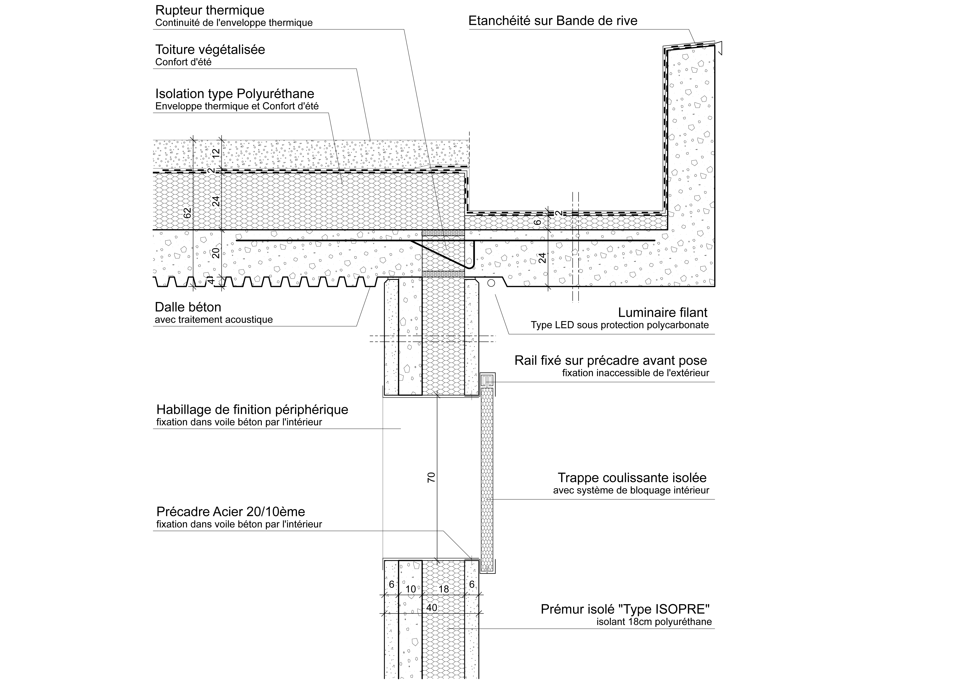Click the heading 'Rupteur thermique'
pos(210,10)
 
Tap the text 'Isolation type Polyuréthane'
pos(235,94)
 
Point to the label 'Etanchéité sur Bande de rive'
pos(553,21)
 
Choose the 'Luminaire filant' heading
pos(663,312)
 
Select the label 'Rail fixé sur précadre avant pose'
pos(611,361)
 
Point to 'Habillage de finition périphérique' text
pos(252,410)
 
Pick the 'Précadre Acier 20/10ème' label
pos(230,512)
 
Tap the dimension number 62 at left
pos(188,213)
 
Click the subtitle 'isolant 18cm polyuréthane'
pos(654,622)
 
